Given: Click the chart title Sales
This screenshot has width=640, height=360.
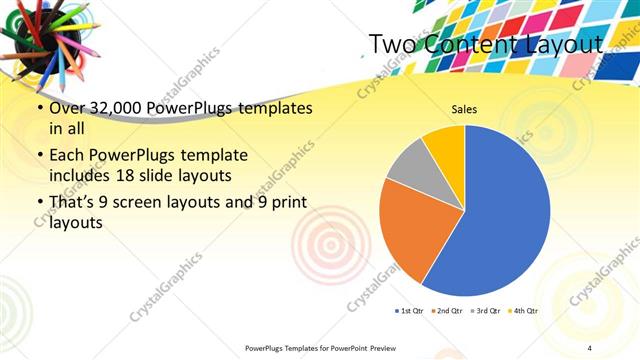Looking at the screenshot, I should point(463,109).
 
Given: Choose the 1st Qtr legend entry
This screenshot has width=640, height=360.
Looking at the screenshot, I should point(409,311).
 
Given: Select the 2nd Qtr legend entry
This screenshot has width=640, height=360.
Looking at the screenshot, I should point(446,311).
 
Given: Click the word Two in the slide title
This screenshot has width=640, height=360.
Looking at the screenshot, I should point(391,45).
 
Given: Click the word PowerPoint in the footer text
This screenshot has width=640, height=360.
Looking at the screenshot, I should point(355,347).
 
